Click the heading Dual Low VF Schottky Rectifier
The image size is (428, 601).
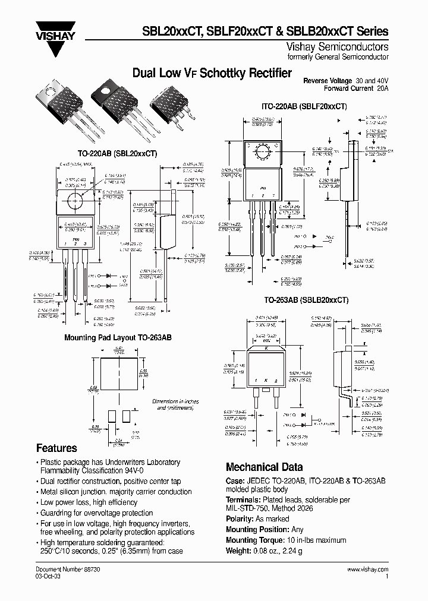[x=212, y=74]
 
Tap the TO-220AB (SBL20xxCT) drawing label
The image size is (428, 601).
[x=118, y=153]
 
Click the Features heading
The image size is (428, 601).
[x=56, y=448]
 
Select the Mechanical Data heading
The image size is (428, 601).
[x=264, y=467]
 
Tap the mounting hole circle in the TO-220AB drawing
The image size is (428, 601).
[x=75, y=202]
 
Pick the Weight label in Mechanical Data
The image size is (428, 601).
[x=239, y=551]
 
